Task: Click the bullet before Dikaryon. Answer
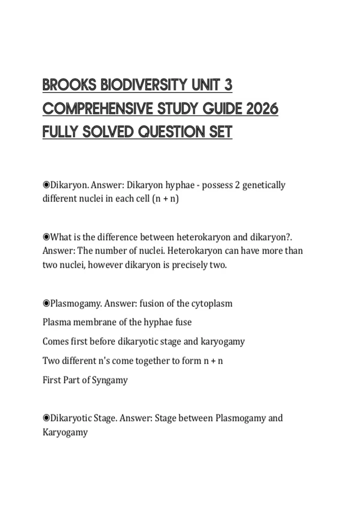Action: click(46, 185)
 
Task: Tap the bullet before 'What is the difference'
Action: click(46, 237)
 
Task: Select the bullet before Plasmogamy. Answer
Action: click(46, 304)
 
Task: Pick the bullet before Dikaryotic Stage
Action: click(46, 418)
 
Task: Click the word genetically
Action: click(264, 185)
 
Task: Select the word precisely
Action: click(189, 265)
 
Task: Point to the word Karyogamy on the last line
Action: click(65, 432)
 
